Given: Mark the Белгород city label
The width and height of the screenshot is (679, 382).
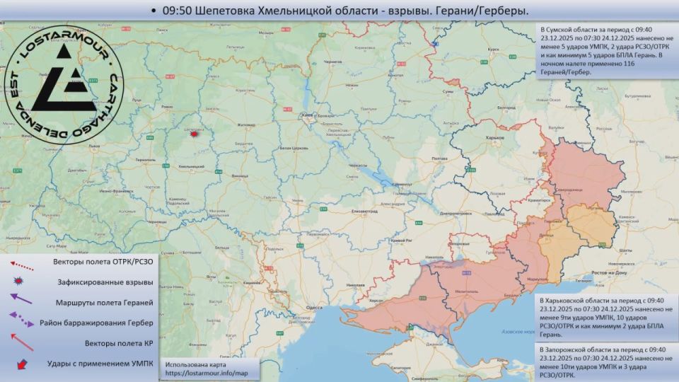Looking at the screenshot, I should click(506, 108).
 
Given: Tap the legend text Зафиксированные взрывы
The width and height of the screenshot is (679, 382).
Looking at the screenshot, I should click(105, 282).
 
